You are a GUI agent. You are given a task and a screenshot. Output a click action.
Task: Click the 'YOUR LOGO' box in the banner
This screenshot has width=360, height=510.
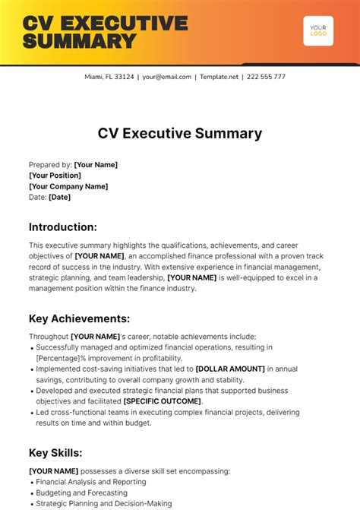pyautogui.click(x=317, y=31)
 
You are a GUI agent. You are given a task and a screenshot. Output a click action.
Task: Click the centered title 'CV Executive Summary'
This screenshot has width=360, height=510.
pyautogui.click(x=180, y=133)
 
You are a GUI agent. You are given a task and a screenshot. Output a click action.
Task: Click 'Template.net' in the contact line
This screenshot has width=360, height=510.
pyautogui.click(x=219, y=77)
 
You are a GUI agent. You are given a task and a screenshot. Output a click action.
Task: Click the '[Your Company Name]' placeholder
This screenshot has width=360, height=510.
pyautogui.click(x=68, y=186)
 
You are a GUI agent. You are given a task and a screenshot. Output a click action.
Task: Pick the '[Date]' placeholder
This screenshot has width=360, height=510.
pyautogui.click(x=59, y=197)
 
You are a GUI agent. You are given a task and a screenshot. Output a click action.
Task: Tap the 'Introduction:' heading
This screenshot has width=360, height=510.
pyautogui.click(x=63, y=226)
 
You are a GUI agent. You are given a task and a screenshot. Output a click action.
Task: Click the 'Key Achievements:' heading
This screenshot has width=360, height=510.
pyautogui.click(x=79, y=318)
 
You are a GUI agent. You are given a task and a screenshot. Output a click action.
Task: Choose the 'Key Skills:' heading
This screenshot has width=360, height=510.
pyautogui.click(x=55, y=452)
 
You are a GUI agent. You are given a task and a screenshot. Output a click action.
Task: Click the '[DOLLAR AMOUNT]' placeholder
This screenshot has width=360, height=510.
pyautogui.click(x=230, y=369)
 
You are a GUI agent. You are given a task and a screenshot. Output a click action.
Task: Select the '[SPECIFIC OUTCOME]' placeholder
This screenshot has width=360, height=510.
pyautogui.click(x=163, y=401)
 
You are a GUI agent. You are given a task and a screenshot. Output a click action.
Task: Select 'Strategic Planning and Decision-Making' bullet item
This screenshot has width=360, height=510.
pyautogui.click(x=104, y=503)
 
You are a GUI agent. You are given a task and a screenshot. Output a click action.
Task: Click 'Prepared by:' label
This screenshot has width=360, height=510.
pyautogui.click(x=50, y=165)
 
